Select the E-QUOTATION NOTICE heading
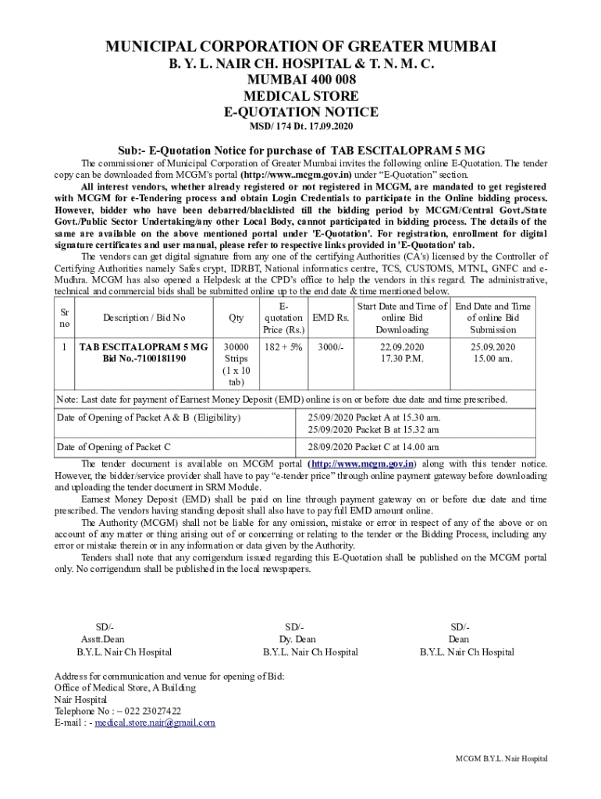click(x=300, y=112)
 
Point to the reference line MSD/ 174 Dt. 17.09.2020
click(x=300, y=127)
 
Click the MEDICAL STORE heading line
click(x=300, y=96)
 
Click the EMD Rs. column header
click(x=330, y=318)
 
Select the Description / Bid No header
click(x=144, y=318)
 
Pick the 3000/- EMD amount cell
click(x=330, y=346)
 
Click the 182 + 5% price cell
click(x=283, y=346)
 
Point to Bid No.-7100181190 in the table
click(x=144, y=359)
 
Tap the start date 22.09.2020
click(x=402, y=346)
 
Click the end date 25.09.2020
click(x=493, y=346)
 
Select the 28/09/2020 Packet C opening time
click(x=373, y=447)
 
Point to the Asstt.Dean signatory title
click(x=103, y=639)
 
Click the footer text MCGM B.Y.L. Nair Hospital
click(x=502, y=758)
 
